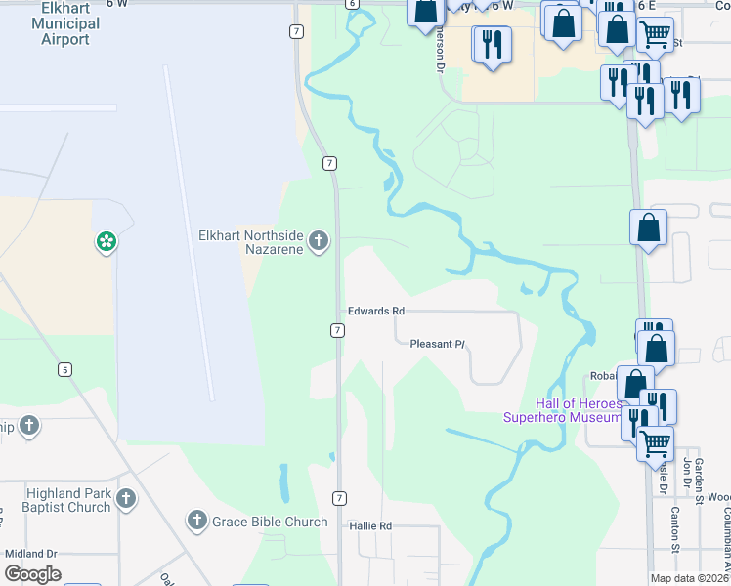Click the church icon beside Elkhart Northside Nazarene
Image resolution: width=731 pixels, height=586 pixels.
319,240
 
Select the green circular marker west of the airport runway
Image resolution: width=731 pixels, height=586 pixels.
106,240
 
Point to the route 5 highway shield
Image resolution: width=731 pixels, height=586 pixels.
64,369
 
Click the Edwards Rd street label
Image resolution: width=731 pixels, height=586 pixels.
376,311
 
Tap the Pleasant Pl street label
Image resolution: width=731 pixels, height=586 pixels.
437,344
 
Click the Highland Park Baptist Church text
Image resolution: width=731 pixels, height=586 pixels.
55,500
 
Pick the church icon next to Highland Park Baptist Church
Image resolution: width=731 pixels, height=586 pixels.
125,499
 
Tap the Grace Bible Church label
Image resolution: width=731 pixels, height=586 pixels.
270,522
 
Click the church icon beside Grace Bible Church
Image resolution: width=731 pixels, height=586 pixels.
196,521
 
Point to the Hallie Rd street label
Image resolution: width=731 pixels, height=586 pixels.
370,525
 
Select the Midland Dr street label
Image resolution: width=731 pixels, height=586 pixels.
31,553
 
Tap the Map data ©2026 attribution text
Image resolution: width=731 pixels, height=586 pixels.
689,578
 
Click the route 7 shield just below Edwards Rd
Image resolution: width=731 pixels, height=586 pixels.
337,330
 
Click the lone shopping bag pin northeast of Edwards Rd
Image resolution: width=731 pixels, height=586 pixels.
648,229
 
